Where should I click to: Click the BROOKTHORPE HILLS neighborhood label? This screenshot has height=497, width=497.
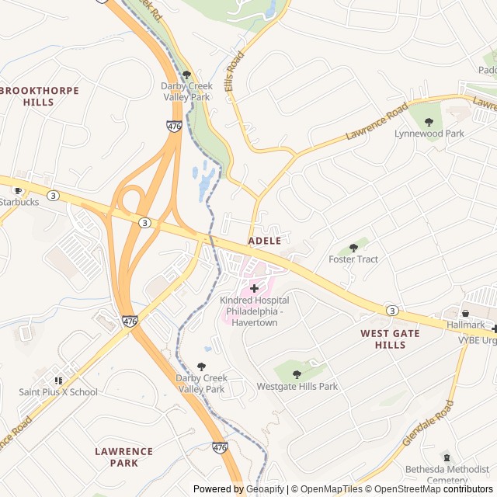click(x=40, y=96)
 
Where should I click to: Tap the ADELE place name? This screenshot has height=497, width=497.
click(x=264, y=242)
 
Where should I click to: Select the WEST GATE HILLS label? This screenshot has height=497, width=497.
click(x=390, y=339)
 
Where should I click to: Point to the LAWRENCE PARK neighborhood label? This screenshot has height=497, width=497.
click(x=123, y=457)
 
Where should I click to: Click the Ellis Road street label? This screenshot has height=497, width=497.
click(x=235, y=72)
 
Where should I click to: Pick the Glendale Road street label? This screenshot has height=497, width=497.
click(x=428, y=423)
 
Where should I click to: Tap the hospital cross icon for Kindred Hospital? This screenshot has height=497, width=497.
click(x=254, y=288)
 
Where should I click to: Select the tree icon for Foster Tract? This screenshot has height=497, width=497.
click(x=353, y=247)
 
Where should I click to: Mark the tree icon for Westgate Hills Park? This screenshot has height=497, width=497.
click(x=297, y=374)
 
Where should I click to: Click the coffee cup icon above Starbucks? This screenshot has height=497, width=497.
click(x=18, y=189)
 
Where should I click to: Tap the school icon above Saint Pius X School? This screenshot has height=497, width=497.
click(x=58, y=380)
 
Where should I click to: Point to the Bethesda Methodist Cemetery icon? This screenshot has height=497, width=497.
click(x=446, y=457)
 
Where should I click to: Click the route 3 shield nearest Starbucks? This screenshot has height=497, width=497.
click(x=53, y=194)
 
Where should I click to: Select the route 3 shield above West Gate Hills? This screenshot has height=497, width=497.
click(x=392, y=311)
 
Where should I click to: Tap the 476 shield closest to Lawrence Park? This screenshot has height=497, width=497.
click(x=220, y=447)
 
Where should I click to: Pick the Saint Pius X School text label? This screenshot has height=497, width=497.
click(x=58, y=392)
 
